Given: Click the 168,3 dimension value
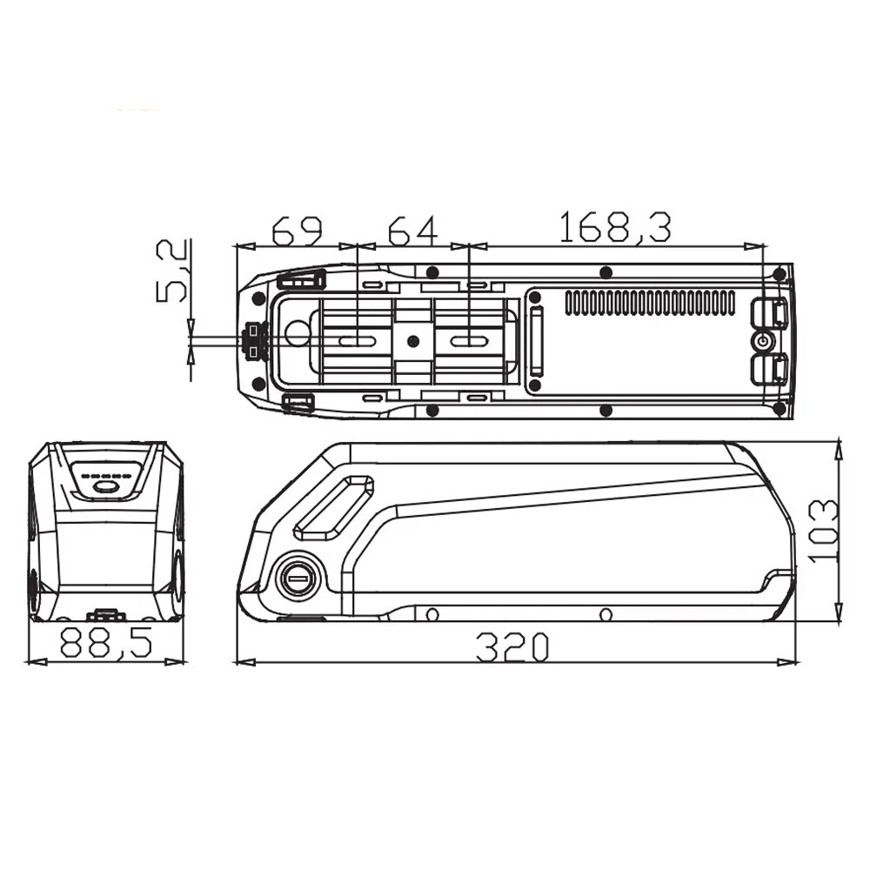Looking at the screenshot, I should click(614, 228).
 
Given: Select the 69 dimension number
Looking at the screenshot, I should click(297, 231).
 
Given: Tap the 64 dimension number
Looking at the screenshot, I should click(413, 231).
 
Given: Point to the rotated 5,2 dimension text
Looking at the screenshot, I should click(172, 272).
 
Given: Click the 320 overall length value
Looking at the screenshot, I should click(513, 646).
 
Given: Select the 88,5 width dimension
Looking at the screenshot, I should click(106, 645).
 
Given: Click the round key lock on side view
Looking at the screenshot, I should click(298, 578).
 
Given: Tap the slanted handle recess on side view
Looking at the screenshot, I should click(333, 508).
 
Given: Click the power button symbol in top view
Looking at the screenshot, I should click(763, 340).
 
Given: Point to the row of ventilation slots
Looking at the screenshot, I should click(650, 303).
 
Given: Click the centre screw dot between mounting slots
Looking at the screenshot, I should click(413, 341).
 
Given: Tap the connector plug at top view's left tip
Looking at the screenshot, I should click(254, 340).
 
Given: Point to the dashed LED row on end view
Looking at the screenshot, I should click(105, 476).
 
